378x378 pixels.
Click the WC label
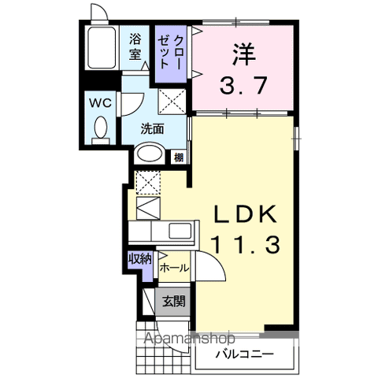click(100, 103)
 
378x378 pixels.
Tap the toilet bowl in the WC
click(101, 128)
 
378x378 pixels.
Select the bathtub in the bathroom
click(102, 47)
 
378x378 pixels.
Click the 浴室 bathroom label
click(135, 47)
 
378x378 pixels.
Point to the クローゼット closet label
click(170, 52)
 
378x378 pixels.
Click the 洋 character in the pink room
click(243, 54)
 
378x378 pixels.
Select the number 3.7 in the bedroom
click(243, 85)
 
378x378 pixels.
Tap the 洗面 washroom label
click(152, 128)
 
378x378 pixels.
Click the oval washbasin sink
click(150, 154)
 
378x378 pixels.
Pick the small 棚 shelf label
click(179, 157)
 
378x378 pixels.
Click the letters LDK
click(246, 213)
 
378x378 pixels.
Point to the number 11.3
click(246, 244)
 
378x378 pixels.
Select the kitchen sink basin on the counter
click(180, 231)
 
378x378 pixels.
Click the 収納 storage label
click(140, 259)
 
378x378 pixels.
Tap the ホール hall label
click(174, 269)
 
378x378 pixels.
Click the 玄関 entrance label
click(174, 302)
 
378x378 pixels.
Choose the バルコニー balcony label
click(245, 354)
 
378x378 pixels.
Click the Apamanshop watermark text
click(190, 338)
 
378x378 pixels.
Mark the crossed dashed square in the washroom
click(172, 101)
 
